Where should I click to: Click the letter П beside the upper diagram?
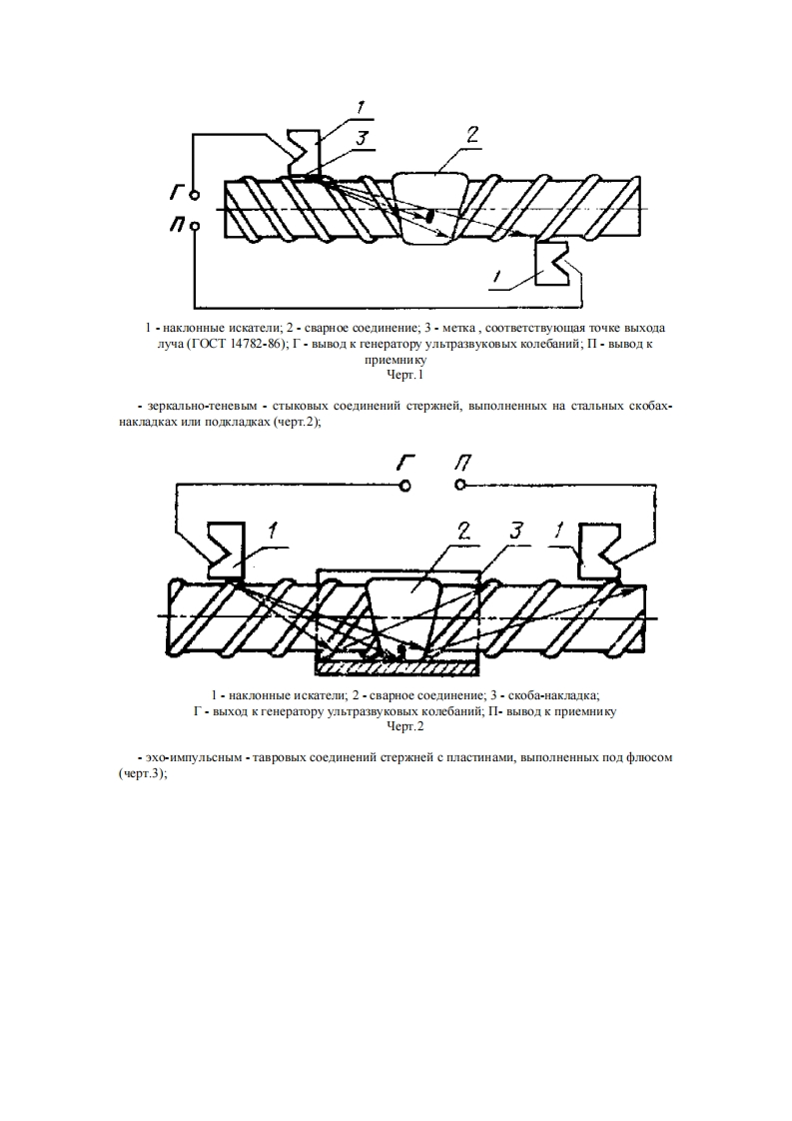176,226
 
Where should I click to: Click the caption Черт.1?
404,376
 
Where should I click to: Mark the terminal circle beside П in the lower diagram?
460,485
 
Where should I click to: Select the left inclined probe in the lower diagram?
227,548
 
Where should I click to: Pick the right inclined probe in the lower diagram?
601,548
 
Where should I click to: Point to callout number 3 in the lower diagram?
516,532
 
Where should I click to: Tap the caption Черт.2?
404,726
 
